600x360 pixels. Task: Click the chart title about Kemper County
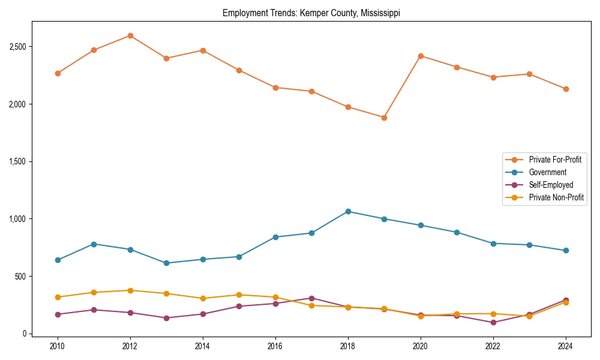(x=311, y=13)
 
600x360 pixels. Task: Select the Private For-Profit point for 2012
(x=130, y=36)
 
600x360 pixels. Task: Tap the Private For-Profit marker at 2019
(x=384, y=118)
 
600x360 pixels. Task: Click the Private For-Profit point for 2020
(x=421, y=56)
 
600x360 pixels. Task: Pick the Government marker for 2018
(x=348, y=211)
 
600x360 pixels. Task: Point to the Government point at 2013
(x=166, y=263)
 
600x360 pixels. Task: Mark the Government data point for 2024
(x=566, y=250)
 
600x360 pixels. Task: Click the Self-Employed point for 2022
(x=493, y=322)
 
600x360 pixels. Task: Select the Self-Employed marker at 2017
(x=311, y=298)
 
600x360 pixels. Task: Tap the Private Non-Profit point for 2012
(x=130, y=290)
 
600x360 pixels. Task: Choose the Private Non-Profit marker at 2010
(x=58, y=297)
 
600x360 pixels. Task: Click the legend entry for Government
(x=547, y=172)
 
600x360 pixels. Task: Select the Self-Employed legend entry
(x=551, y=185)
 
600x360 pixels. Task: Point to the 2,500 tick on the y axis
(x=16, y=47)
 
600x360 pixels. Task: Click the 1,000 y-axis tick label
(x=16, y=219)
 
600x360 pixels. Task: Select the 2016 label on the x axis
(x=275, y=346)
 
